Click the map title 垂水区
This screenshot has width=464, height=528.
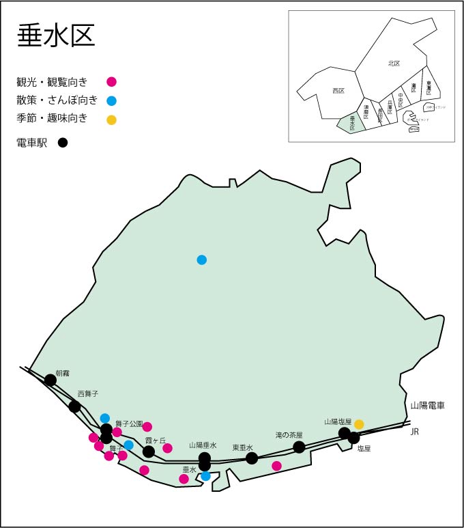click(56, 35)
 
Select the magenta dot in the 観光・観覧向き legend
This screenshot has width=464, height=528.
click(112, 82)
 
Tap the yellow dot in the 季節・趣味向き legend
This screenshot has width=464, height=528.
click(112, 120)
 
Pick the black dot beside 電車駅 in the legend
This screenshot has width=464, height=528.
click(63, 143)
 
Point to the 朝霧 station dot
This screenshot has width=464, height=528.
click(50, 380)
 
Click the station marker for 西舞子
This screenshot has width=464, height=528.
click(74, 406)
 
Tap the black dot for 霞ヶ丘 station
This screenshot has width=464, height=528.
click(149, 451)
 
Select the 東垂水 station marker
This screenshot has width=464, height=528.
click(252, 458)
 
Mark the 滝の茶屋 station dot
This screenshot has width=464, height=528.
click(299, 447)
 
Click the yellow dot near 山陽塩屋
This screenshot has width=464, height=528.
click(359, 424)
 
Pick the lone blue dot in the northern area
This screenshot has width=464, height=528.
click(201, 260)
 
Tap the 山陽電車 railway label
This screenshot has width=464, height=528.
click(427, 406)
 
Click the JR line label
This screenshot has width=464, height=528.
click(414, 432)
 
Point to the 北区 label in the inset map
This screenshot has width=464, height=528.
click(394, 64)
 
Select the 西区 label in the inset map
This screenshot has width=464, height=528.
click(338, 90)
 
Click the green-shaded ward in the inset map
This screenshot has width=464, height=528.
click(350, 123)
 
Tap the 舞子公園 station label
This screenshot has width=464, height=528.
click(129, 423)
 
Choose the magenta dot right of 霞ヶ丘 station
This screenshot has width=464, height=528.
click(167, 448)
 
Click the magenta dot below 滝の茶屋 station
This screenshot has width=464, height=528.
click(276, 466)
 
